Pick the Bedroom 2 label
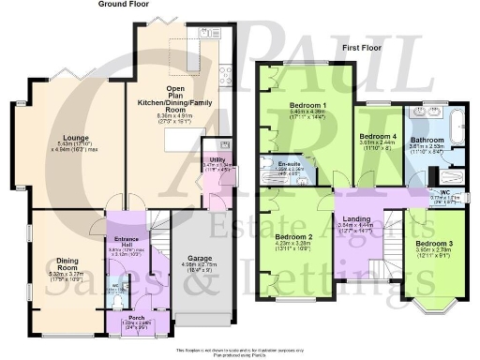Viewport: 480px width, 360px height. pos(292,238)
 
